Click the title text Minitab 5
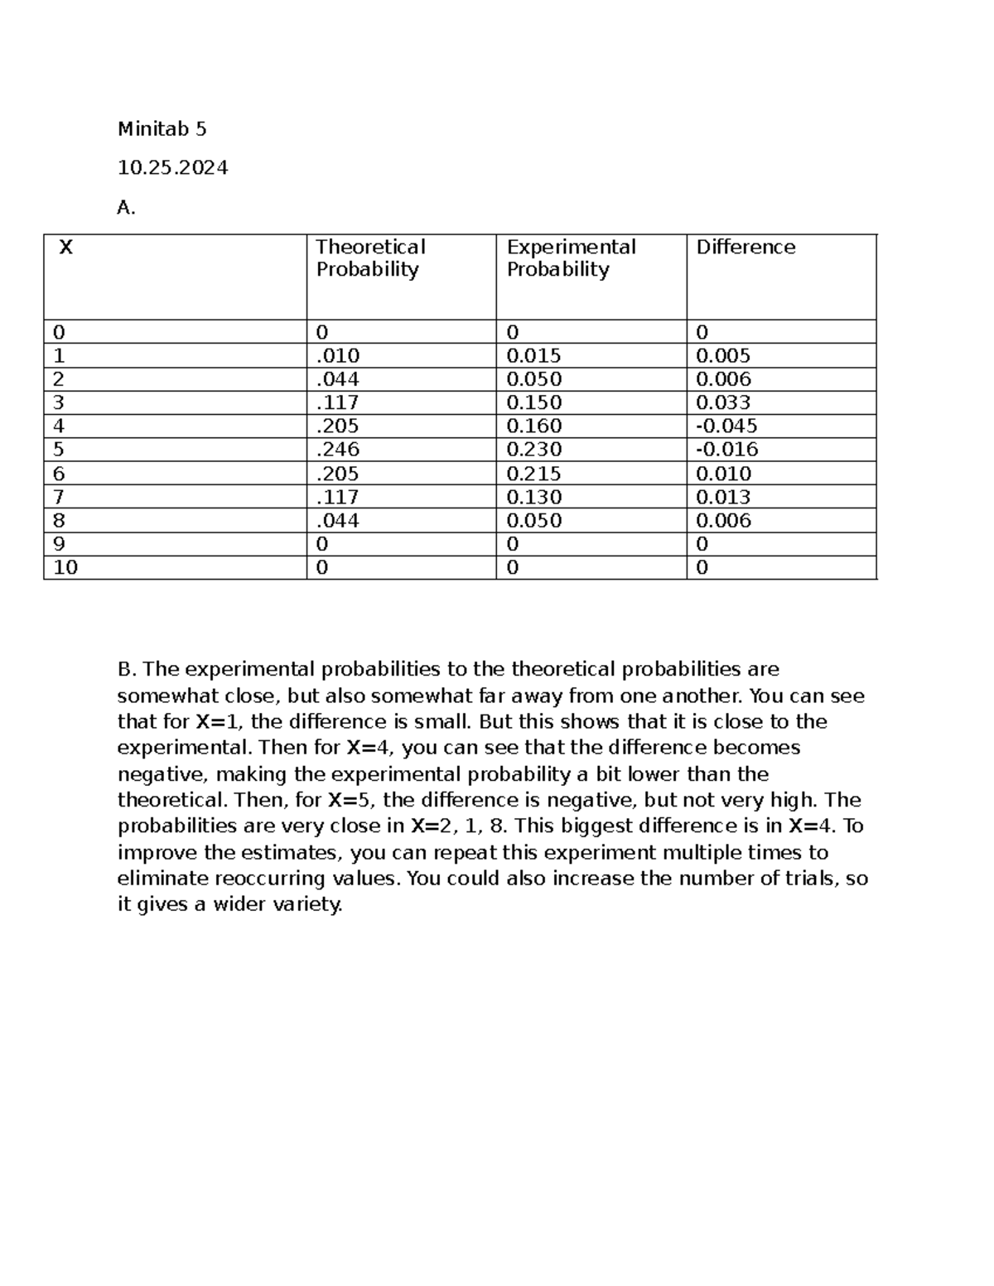click(x=162, y=129)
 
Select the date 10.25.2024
click(x=172, y=168)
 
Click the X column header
click(x=66, y=248)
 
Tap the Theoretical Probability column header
click(x=370, y=258)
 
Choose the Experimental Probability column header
click(x=571, y=258)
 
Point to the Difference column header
click(x=745, y=248)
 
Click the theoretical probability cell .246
click(x=338, y=450)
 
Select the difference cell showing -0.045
click(x=726, y=426)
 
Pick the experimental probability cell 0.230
click(x=533, y=450)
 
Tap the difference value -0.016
click(x=726, y=450)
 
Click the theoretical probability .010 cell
click(x=338, y=356)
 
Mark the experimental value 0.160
click(x=533, y=426)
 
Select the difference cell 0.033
click(x=723, y=403)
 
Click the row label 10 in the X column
click(x=65, y=568)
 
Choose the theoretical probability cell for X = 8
click(x=338, y=521)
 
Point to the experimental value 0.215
click(x=533, y=474)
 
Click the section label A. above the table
click(x=126, y=208)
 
